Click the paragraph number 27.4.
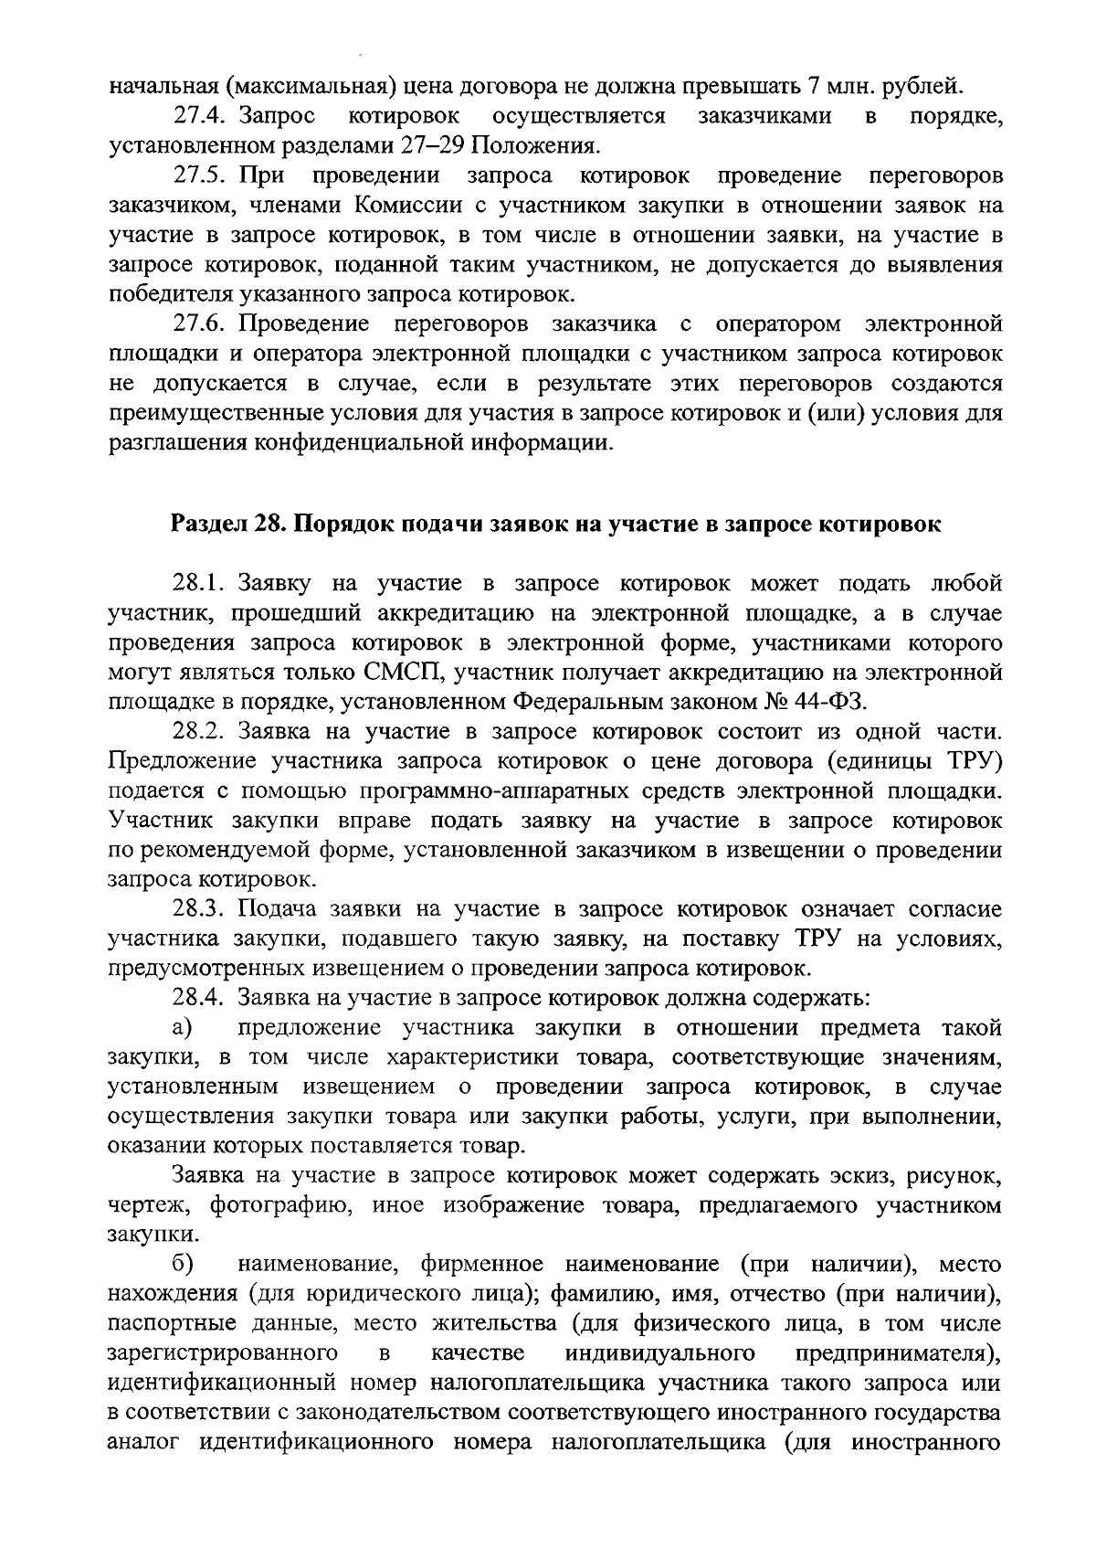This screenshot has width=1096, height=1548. point(200,116)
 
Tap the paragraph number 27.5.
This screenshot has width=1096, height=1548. point(200,175)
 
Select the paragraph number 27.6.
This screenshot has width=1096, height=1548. point(200,323)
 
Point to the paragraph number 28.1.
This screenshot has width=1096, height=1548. point(200,583)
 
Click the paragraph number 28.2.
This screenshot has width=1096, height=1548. point(200,731)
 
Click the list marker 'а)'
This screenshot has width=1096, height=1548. point(182,1027)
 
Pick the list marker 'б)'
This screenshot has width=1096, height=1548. point(182,1265)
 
